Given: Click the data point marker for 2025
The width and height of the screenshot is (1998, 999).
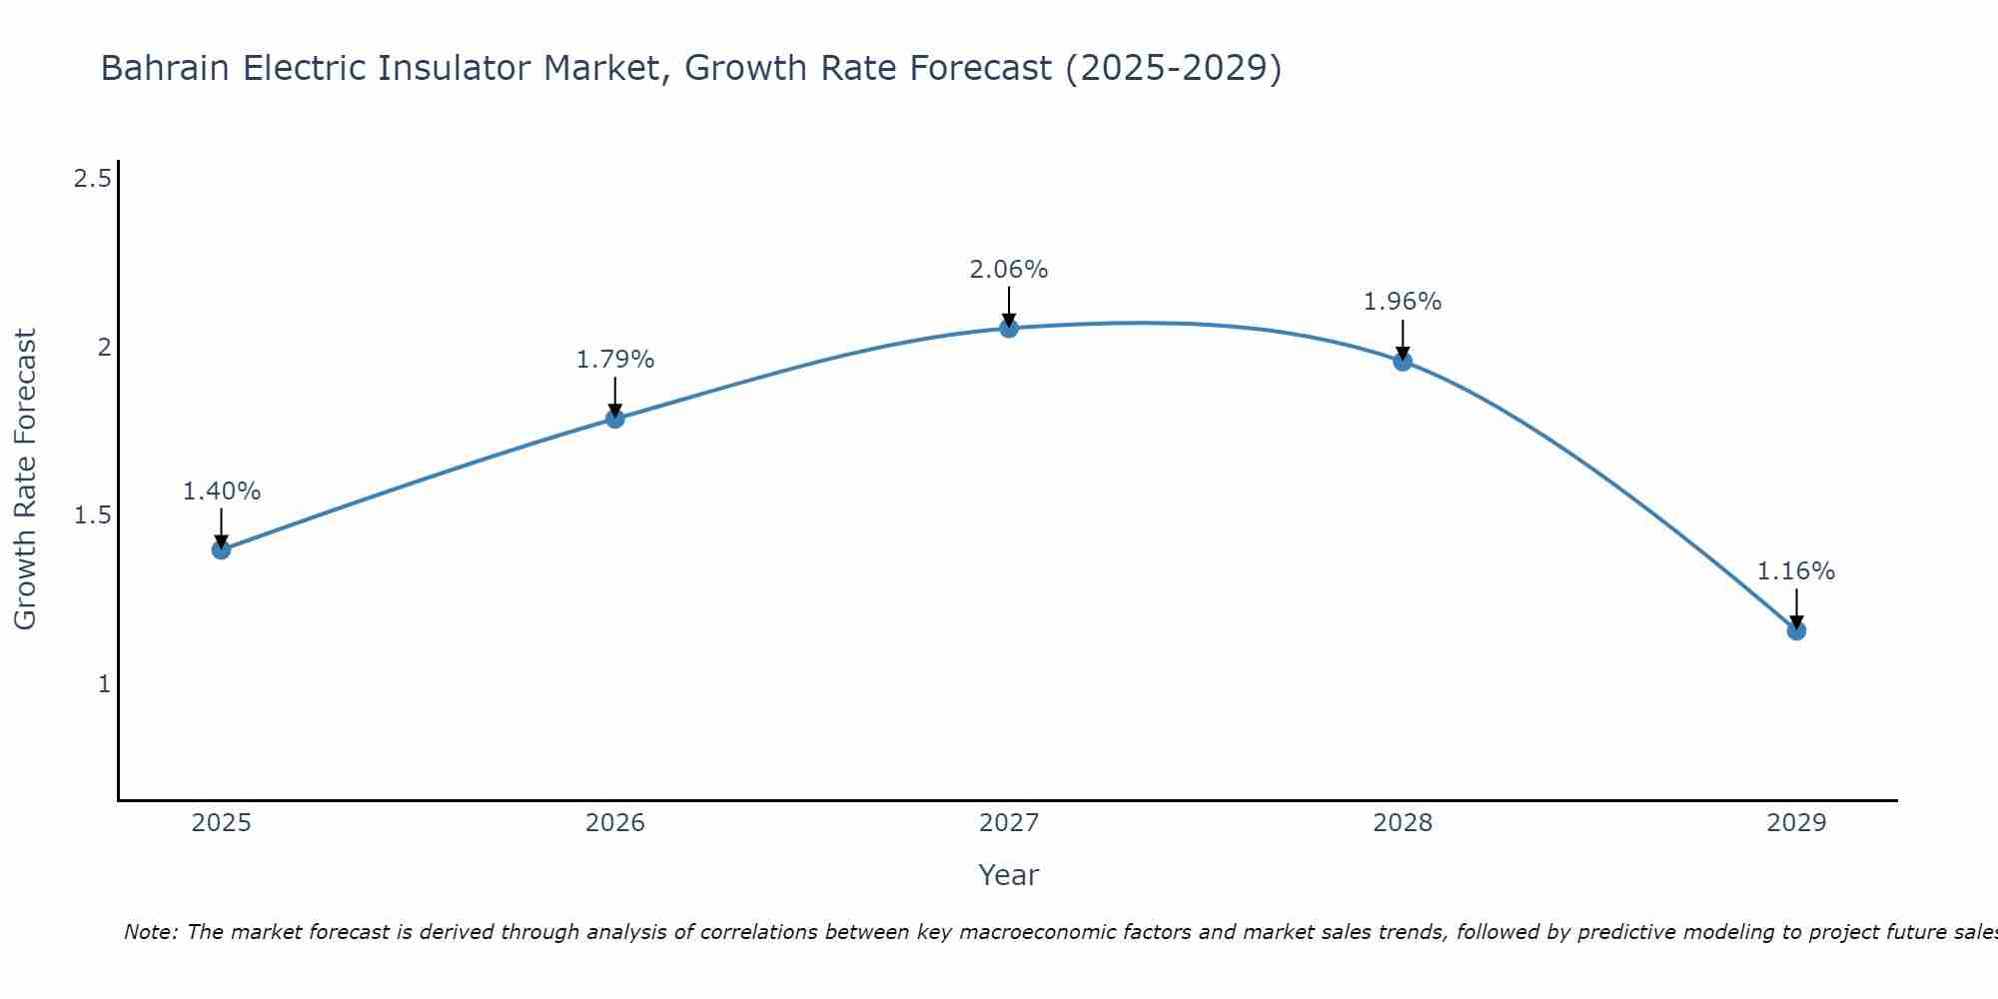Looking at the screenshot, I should pyautogui.click(x=221, y=549).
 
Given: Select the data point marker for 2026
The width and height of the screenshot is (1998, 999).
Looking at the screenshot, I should pyautogui.click(x=615, y=419).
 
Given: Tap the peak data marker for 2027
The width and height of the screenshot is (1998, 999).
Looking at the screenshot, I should pyautogui.click(x=1009, y=328).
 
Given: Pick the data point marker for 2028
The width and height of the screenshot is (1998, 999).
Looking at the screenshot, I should pyautogui.click(x=1403, y=362).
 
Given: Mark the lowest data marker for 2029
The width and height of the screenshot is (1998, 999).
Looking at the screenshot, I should pyautogui.click(x=1796, y=630).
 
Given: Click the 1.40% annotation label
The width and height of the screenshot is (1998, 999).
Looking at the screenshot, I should pyautogui.click(x=221, y=492).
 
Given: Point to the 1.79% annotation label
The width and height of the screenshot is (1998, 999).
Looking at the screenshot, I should pyautogui.click(x=615, y=360).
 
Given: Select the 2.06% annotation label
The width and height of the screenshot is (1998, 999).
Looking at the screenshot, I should pyautogui.click(x=1009, y=270).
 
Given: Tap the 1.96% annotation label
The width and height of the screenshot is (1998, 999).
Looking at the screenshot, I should pyautogui.click(x=1403, y=302).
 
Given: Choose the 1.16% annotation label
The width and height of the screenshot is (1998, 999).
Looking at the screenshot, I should pyautogui.click(x=1796, y=571).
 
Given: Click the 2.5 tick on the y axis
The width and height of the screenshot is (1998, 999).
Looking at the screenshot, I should pyautogui.click(x=92, y=180).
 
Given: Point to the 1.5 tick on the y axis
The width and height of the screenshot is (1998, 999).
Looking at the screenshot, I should pyautogui.click(x=92, y=516).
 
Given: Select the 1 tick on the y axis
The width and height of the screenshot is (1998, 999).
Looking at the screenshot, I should pyautogui.click(x=103, y=684).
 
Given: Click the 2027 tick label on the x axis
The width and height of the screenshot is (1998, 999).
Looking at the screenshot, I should pyautogui.click(x=1009, y=823).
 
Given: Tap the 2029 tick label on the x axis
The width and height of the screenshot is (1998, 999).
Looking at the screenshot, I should pyautogui.click(x=1796, y=823).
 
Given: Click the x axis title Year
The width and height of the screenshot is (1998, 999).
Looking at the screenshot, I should pyautogui.click(x=1009, y=875).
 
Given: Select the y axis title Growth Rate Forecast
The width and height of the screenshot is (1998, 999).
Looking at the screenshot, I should pyautogui.click(x=26, y=480).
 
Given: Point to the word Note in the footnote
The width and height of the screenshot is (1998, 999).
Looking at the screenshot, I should pyautogui.click(x=150, y=932).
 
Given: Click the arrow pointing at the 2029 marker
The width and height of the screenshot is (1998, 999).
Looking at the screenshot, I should pyautogui.click(x=1796, y=607).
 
